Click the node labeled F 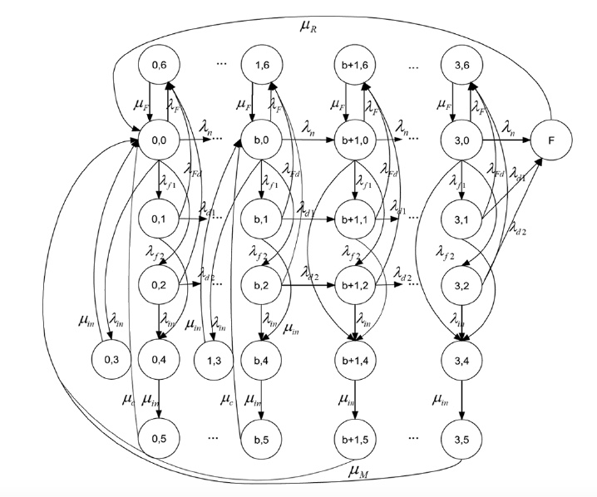[x=551, y=141]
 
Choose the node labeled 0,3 [x=111, y=360]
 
